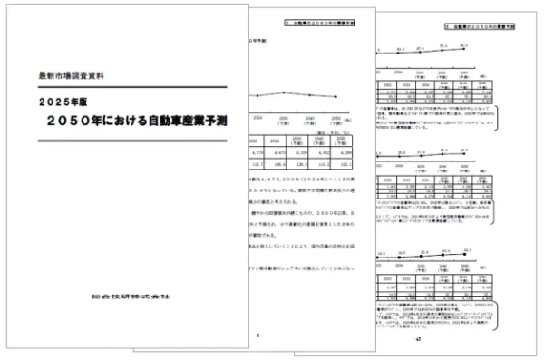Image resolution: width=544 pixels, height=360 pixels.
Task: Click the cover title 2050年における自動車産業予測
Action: [126, 120]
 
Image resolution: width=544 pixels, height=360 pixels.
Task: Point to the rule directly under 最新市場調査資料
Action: [128, 82]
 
